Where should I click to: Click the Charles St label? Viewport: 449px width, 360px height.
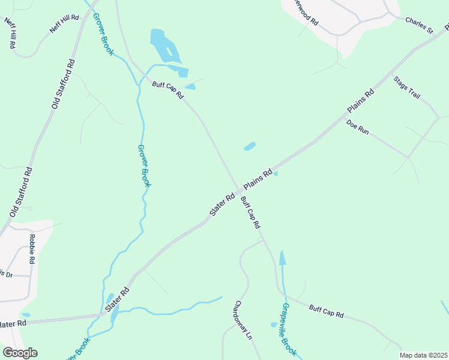pyautogui.click(x=418, y=24)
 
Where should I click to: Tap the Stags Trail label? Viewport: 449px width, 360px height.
pyautogui.click(x=406, y=88)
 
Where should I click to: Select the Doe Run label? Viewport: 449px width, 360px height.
pyautogui.click(x=357, y=127)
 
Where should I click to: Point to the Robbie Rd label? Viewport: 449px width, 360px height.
pyautogui.click(x=31, y=249)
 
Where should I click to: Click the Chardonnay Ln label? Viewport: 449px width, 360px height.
pyautogui.click(x=243, y=320)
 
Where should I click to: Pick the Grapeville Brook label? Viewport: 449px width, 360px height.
pyautogui.click(x=289, y=329)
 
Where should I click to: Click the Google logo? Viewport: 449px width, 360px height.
pyautogui.click(x=20, y=353)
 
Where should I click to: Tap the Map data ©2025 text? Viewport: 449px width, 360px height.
pyautogui.click(x=423, y=355)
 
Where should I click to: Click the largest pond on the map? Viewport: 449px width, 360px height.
pyautogui.click(x=164, y=44)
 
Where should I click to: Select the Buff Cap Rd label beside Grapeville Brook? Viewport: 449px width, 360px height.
pyautogui.click(x=326, y=312)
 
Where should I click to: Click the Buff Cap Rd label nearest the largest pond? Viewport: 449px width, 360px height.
pyautogui.click(x=167, y=91)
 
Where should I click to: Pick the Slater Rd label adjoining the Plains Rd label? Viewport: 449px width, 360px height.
pyautogui.click(x=221, y=205)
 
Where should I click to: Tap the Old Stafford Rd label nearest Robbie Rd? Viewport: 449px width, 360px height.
pyautogui.click(x=21, y=192)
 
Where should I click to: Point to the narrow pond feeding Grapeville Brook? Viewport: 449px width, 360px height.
pyautogui.click(x=282, y=257)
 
